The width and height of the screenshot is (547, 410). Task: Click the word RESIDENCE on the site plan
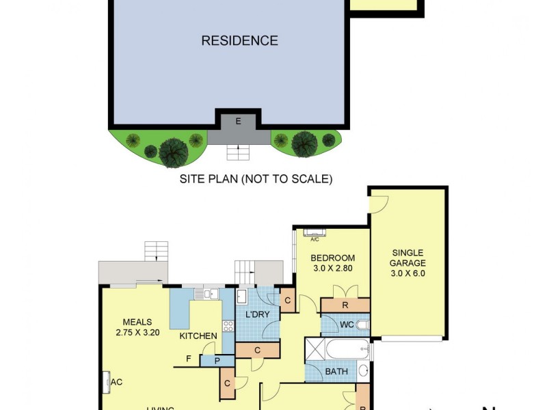(x=239, y=41)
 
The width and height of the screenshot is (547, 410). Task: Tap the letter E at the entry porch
(x=238, y=122)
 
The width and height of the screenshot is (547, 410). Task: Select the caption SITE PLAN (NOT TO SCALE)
(x=256, y=180)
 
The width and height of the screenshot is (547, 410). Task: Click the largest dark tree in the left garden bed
(x=174, y=151)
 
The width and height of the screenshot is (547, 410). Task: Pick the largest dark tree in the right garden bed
(x=302, y=143)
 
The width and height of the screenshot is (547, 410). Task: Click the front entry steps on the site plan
(x=238, y=152)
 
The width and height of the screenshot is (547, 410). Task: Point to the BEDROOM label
(x=332, y=258)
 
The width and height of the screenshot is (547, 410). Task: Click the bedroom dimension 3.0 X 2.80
(x=332, y=269)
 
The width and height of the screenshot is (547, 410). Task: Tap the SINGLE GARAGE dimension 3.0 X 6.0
(x=408, y=273)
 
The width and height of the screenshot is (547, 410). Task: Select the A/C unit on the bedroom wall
(x=315, y=232)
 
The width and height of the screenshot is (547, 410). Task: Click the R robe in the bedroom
(x=345, y=305)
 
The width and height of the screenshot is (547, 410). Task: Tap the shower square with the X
(x=315, y=349)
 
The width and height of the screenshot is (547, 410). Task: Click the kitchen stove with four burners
(x=228, y=327)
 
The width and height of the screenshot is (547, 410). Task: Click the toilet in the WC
(x=362, y=324)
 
